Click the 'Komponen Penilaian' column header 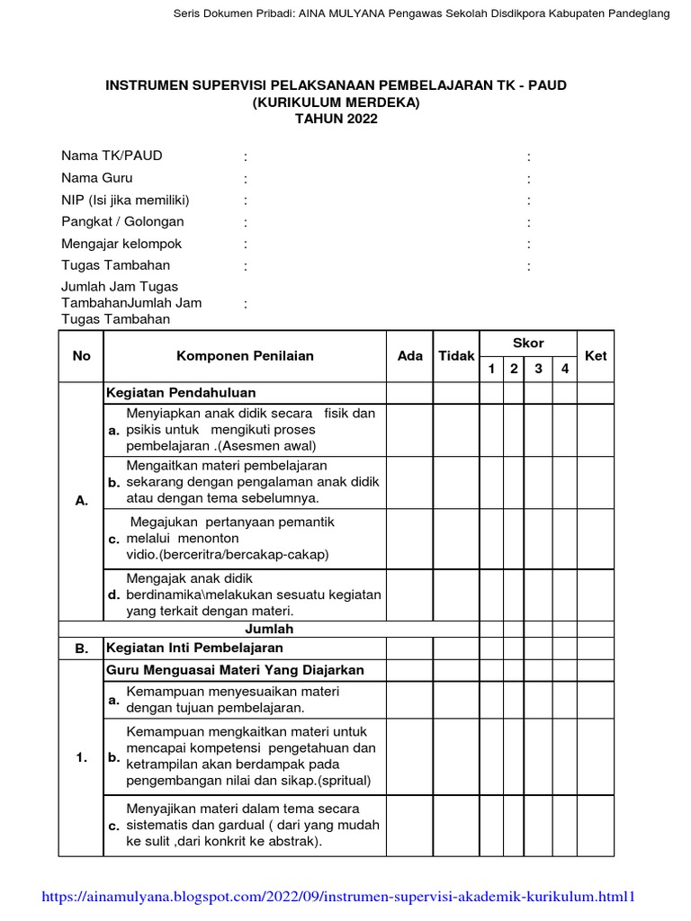(245, 356)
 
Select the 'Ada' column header (409, 356)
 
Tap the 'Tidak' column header (456, 356)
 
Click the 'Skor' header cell (528, 344)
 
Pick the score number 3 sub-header (538, 369)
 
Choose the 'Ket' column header (596, 356)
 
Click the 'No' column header (82, 356)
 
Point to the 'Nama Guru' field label (97, 178)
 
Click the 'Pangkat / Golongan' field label (122, 221)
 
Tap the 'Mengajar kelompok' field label (121, 244)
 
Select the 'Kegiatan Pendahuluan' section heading (181, 393)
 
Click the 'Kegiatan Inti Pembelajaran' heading (194, 648)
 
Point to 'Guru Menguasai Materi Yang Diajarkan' (235, 671)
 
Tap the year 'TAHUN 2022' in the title (337, 119)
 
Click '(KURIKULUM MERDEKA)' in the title (337, 103)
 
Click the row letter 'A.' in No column (82, 502)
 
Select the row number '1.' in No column (82, 758)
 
